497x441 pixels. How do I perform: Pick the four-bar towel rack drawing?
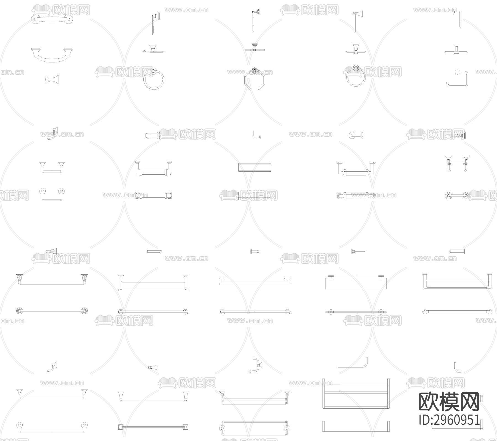click(x=356, y=394)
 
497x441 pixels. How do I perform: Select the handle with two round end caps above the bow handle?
click(x=52, y=20)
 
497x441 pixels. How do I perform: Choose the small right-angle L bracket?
click(x=256, y=135)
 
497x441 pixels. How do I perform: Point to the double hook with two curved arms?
click(x=256, y=366)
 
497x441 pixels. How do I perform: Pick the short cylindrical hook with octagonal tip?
click(x=356, y=135)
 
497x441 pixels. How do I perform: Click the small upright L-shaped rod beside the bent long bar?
click(x=458, y=367)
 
